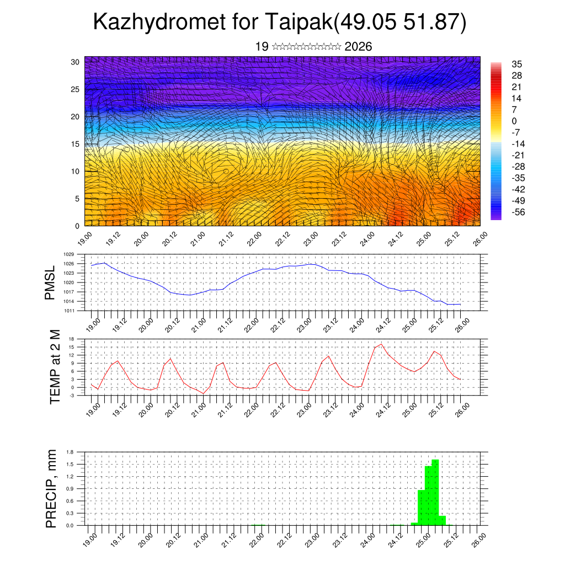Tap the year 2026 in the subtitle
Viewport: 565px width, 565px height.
point(358,47)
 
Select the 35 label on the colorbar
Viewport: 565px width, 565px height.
point(517,64)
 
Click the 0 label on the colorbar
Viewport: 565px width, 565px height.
point(514,121)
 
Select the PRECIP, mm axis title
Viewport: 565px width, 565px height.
point(51,488)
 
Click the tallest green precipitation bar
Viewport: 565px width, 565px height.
point(435,491)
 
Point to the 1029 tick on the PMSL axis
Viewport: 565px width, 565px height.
point(69,254)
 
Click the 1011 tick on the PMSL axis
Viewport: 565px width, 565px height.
point(69,311)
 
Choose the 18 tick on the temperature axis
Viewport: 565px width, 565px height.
point(71,339)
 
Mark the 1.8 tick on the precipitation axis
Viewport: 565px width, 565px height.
point(70,452)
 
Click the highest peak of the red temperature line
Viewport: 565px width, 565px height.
point(381,344)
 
